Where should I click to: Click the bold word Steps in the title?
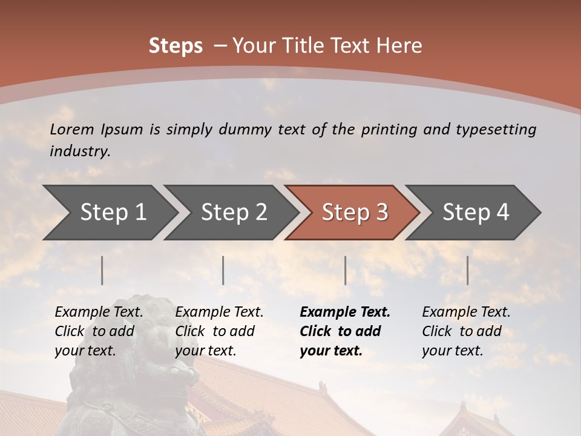pyautogui.click(x=176, y=46)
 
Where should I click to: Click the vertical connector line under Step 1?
pyautogui.click(x=102, y=270)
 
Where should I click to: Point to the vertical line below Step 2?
pyautogui.click(x=223, y=270)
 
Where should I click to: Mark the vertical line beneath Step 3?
pyautogui.click(x=345, y=270)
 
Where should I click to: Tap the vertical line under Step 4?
pyautogui.click(x=467, y=270)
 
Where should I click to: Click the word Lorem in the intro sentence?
pyautogui.click(x=72, y=129)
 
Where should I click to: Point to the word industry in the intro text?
pyautogui.click(x=80, y=151)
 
